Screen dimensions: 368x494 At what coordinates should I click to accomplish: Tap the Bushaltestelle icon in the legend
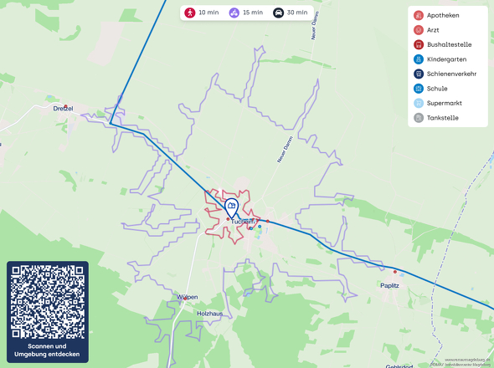coord(418,45)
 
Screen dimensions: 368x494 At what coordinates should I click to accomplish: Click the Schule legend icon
coord(418,89)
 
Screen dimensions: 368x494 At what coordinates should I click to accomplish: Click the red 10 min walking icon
coord(190,13)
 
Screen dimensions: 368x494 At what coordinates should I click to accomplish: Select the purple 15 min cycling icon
coord(234,13)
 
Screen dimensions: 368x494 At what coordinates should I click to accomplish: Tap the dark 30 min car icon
coord(278,13)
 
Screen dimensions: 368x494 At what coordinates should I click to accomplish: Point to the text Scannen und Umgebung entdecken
coord(48,350)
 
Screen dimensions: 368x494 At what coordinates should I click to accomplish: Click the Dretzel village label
coord(63,109)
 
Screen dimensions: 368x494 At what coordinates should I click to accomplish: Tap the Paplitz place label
coord(389,285)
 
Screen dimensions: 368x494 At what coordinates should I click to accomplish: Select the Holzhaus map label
coord(209,313)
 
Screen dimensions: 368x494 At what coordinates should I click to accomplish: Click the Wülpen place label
coord(187,297)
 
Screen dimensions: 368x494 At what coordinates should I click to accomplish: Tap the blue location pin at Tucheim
coord(232,207)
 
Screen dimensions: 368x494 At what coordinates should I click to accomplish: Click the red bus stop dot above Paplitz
coord(394,272)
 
